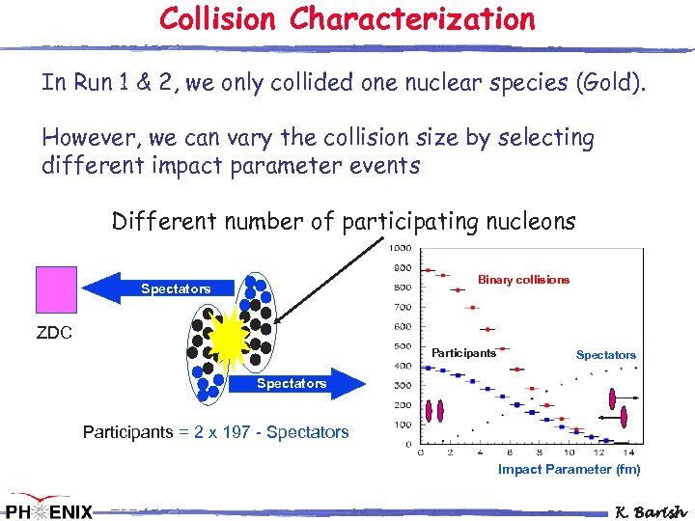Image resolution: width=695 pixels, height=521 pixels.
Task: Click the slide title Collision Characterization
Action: [347, 19]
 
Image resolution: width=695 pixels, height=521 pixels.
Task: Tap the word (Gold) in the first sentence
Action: [610, 83]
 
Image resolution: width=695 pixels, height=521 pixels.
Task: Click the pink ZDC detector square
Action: [56, 289]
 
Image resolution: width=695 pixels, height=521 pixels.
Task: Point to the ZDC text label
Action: [55, 334]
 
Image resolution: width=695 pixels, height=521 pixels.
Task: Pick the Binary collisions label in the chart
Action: [523, 280]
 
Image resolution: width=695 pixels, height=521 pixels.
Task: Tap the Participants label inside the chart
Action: [463, 353]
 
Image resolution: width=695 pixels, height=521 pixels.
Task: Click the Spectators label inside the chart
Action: [605, 355]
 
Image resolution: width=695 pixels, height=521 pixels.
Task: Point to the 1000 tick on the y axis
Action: [400, 248]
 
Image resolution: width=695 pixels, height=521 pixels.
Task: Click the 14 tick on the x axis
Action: [628, 453]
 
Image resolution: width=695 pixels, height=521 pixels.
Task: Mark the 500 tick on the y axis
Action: [401, 346]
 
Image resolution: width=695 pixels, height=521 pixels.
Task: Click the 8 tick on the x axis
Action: [540, 453]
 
